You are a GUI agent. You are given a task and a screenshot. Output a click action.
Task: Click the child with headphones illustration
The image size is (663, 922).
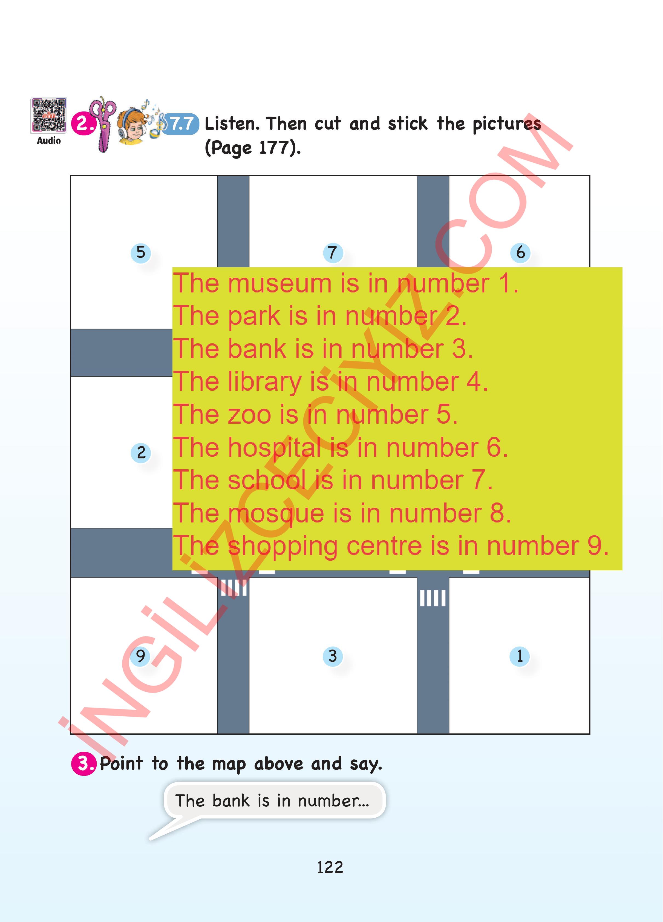(132, 126)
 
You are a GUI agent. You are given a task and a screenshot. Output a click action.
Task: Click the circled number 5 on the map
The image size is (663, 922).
(141, 252)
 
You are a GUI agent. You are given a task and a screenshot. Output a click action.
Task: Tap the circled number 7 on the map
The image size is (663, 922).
(333, 252)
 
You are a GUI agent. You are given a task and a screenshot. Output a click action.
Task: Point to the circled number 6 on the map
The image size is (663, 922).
(520, 252)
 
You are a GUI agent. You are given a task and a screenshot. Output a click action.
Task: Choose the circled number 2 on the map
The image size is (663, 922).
(141, 452)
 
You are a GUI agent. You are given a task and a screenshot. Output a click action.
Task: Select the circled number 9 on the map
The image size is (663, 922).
(141, 656)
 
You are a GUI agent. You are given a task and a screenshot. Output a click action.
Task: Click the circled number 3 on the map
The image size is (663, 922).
(333, 656)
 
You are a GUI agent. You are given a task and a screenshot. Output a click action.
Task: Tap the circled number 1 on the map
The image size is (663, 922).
(520, 656)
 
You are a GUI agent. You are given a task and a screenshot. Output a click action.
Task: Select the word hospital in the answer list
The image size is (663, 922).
(275, 448)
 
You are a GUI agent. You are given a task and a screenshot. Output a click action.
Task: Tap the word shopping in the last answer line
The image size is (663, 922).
(283, 547)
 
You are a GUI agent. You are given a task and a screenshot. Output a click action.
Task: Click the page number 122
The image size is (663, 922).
(330, 868)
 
